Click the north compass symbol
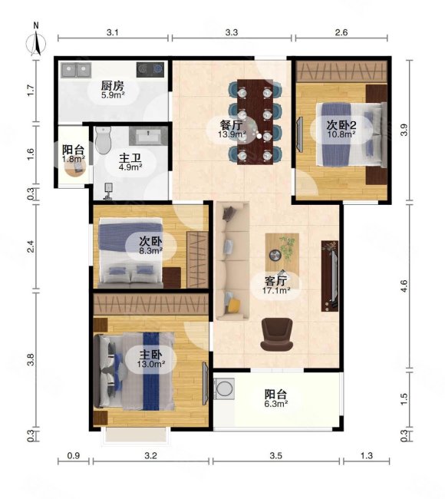pyautogui.click(x=35, y=40)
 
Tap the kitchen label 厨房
pyautogui.click(x=113, y=86)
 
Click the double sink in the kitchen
pyautogui.click(x=76, y=70)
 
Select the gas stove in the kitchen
pyautogui.click(x=150, y=69)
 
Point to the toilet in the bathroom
pyautogui.click(x=103, y=140)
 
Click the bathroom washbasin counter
pyautogui.click(x=148, y=136)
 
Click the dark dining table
pyautogui.click(x=255, y=122)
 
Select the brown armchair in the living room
pyautogui.click(x=277, y=334)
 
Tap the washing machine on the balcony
pyautogui.click(x=224, y=388)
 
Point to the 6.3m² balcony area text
pyautogui.click(x=276, y=404)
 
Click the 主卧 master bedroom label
pyautogui.click(x=151, y=355)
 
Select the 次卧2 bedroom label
pyautogui.click(x=341, y=124)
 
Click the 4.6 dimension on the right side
pyautogui.click(x=404, y=286)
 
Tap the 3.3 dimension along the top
pyautogui.click(x=232, y=32)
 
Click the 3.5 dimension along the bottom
pyautogui.click(x=275, y=456)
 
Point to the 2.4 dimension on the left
pyautogui.click(x=31, y=246)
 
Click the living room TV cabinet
pyautogui.click(x=330, y=276)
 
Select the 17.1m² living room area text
pyautogui.click(x=276, y=290)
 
